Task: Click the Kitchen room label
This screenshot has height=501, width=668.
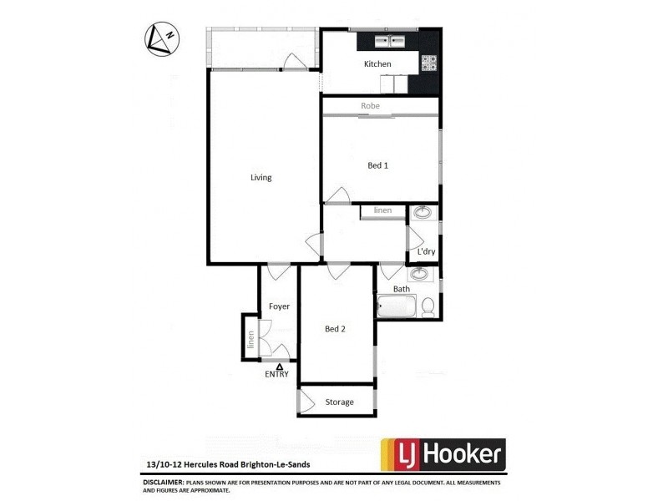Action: pyautogui.click(x=377, y=64)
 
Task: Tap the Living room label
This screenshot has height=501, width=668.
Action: pyautogui.click(x=261, y=177)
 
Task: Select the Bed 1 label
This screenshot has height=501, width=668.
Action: pyautogui.click(x=378, y=165)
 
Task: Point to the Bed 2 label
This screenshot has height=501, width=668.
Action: pyautogui.click(x=335, y=329)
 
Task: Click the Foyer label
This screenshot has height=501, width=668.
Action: pyautogui.click(x=279, y=306)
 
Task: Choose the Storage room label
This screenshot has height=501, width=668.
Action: pyautogui.click(x=339, y=402)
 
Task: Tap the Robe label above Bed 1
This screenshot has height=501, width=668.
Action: pyautogui.click(x=371, y=106)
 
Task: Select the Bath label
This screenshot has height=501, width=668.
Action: pyautogui.click(x=402, y=289)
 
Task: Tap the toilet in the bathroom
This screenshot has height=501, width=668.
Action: pyautogui.click(x=428, y=307)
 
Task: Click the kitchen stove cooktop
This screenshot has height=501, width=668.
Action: pyautogui.click(x=429, y=61)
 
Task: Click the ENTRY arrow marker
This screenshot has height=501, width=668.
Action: pyautogui.click(x=279, y=366)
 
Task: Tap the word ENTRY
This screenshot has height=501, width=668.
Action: pyautogui.click(x=278, y=374)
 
